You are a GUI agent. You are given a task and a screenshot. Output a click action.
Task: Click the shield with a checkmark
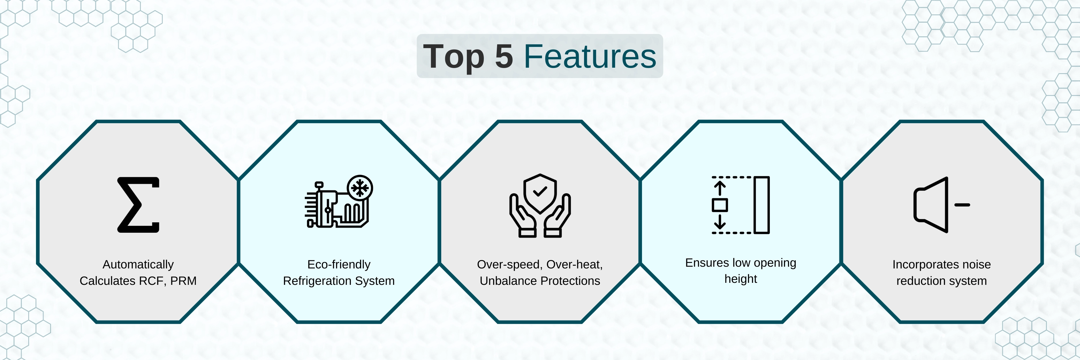[x=540, y=193]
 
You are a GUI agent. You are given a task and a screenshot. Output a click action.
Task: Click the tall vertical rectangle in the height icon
[x=761, y=205]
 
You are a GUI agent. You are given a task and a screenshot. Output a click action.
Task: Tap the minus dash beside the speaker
[x=962, y=205]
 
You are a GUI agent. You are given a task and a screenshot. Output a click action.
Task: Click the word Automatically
[x=138, y=264]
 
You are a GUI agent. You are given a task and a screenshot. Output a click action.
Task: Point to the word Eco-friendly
[x=339, y=264]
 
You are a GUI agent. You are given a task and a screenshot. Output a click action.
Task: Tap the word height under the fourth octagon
[x=741, y=279]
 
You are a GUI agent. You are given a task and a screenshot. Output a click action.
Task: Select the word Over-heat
[x=574, y=264]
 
